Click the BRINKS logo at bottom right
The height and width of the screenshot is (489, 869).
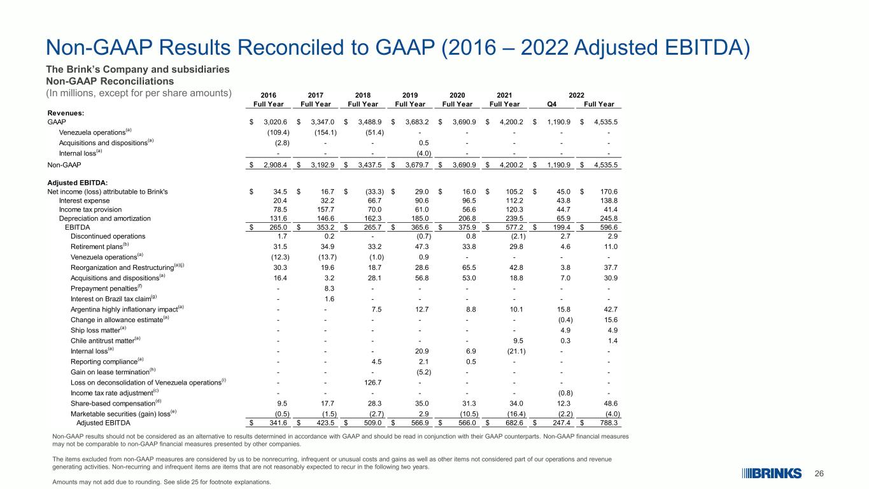click(771, 474)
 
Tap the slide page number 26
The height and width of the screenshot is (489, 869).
click(819, 474)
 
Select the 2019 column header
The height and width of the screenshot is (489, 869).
click(410, 95)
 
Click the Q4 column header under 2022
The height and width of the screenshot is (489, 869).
click(552, 104)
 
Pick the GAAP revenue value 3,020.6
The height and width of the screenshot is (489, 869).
click(276, 122)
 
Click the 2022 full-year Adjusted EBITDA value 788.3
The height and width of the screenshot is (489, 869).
click(609, 423)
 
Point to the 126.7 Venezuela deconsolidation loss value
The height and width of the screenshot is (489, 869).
click(373, 382)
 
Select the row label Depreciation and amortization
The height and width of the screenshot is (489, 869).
click(105, 218)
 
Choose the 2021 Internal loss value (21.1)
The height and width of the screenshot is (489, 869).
click(516, 351)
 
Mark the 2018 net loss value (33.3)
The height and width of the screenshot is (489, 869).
click(375, 192)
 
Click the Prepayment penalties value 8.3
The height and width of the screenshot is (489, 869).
click(329, 288)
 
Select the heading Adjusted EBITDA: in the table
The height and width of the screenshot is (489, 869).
click(78, 183)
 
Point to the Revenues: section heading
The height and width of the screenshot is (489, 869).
click(66, 113)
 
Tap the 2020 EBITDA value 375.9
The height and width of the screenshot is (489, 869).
click(467, 227)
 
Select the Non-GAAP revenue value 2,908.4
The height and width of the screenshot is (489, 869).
click(276, 165)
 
